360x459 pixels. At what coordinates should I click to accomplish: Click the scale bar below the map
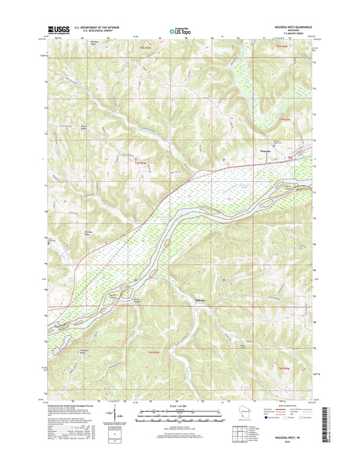pos(180,412)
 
